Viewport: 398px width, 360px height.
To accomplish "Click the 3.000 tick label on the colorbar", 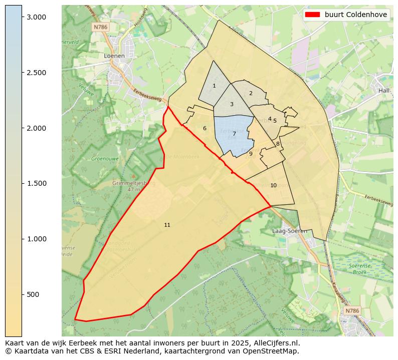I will click(x=37, y=17).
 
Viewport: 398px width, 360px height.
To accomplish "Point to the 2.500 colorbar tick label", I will click(x=37, y=73).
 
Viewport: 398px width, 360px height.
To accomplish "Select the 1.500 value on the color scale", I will click(x=37, y=183).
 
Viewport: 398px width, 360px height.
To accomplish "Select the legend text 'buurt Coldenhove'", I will click(x=355, y=15).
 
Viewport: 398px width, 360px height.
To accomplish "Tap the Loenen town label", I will click(x=114, y=56).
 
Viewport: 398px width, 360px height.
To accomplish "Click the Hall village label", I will click(x=384, y=91).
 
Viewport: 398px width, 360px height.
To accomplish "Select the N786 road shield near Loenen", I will click(x=101, y=27).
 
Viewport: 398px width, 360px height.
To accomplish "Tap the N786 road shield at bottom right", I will click(x=352, y=311).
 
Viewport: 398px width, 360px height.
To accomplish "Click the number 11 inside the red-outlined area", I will click(x=167, y=225).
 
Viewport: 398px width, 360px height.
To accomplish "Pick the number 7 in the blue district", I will click(x=234, y=134).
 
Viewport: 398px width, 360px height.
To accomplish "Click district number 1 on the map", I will click(x=214, y=86).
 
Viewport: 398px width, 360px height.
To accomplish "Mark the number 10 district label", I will click(x=273, y=186).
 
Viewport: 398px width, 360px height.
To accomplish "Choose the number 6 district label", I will click(x=205, y=129).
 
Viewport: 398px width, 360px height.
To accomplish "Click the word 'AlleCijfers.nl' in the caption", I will click(x=276, y=343).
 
